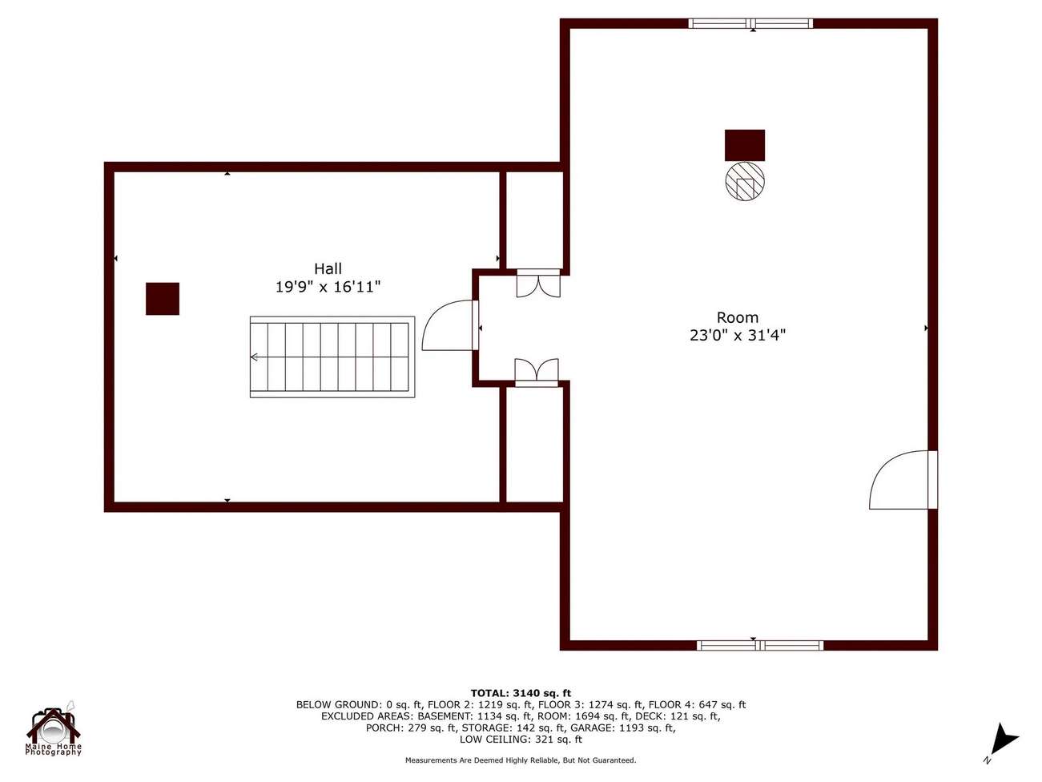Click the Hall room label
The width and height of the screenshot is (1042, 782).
coord(328,268)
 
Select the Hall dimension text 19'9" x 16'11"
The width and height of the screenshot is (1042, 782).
coord(328,287)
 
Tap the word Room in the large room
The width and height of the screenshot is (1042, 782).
coord(737,317)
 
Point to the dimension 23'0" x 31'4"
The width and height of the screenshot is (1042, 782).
coord(737,335)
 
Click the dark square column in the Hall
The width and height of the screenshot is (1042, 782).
coord(163,299)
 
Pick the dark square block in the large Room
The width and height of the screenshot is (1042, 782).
coord(744,145)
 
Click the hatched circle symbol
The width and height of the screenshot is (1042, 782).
coord(745,182)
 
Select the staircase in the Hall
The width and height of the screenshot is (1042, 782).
coord(332,357)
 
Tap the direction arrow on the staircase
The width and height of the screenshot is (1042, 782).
coord(255,357)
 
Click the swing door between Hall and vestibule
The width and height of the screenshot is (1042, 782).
coord(450,325)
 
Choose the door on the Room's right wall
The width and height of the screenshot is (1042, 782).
coord(903,480)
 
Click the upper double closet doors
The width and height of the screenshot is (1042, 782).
coord(538,284)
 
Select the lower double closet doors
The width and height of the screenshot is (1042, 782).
coord(537,373)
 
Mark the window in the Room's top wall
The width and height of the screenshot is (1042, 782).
coord(750,23)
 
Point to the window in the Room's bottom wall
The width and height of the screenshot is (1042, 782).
coord(760,645)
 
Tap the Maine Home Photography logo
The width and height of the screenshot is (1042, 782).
coord(54,729)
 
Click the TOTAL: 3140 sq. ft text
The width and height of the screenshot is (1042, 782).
coord(521,694)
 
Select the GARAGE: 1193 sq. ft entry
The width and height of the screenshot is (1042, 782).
coord(623,728)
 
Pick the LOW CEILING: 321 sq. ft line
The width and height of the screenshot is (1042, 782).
coord(521,740)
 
